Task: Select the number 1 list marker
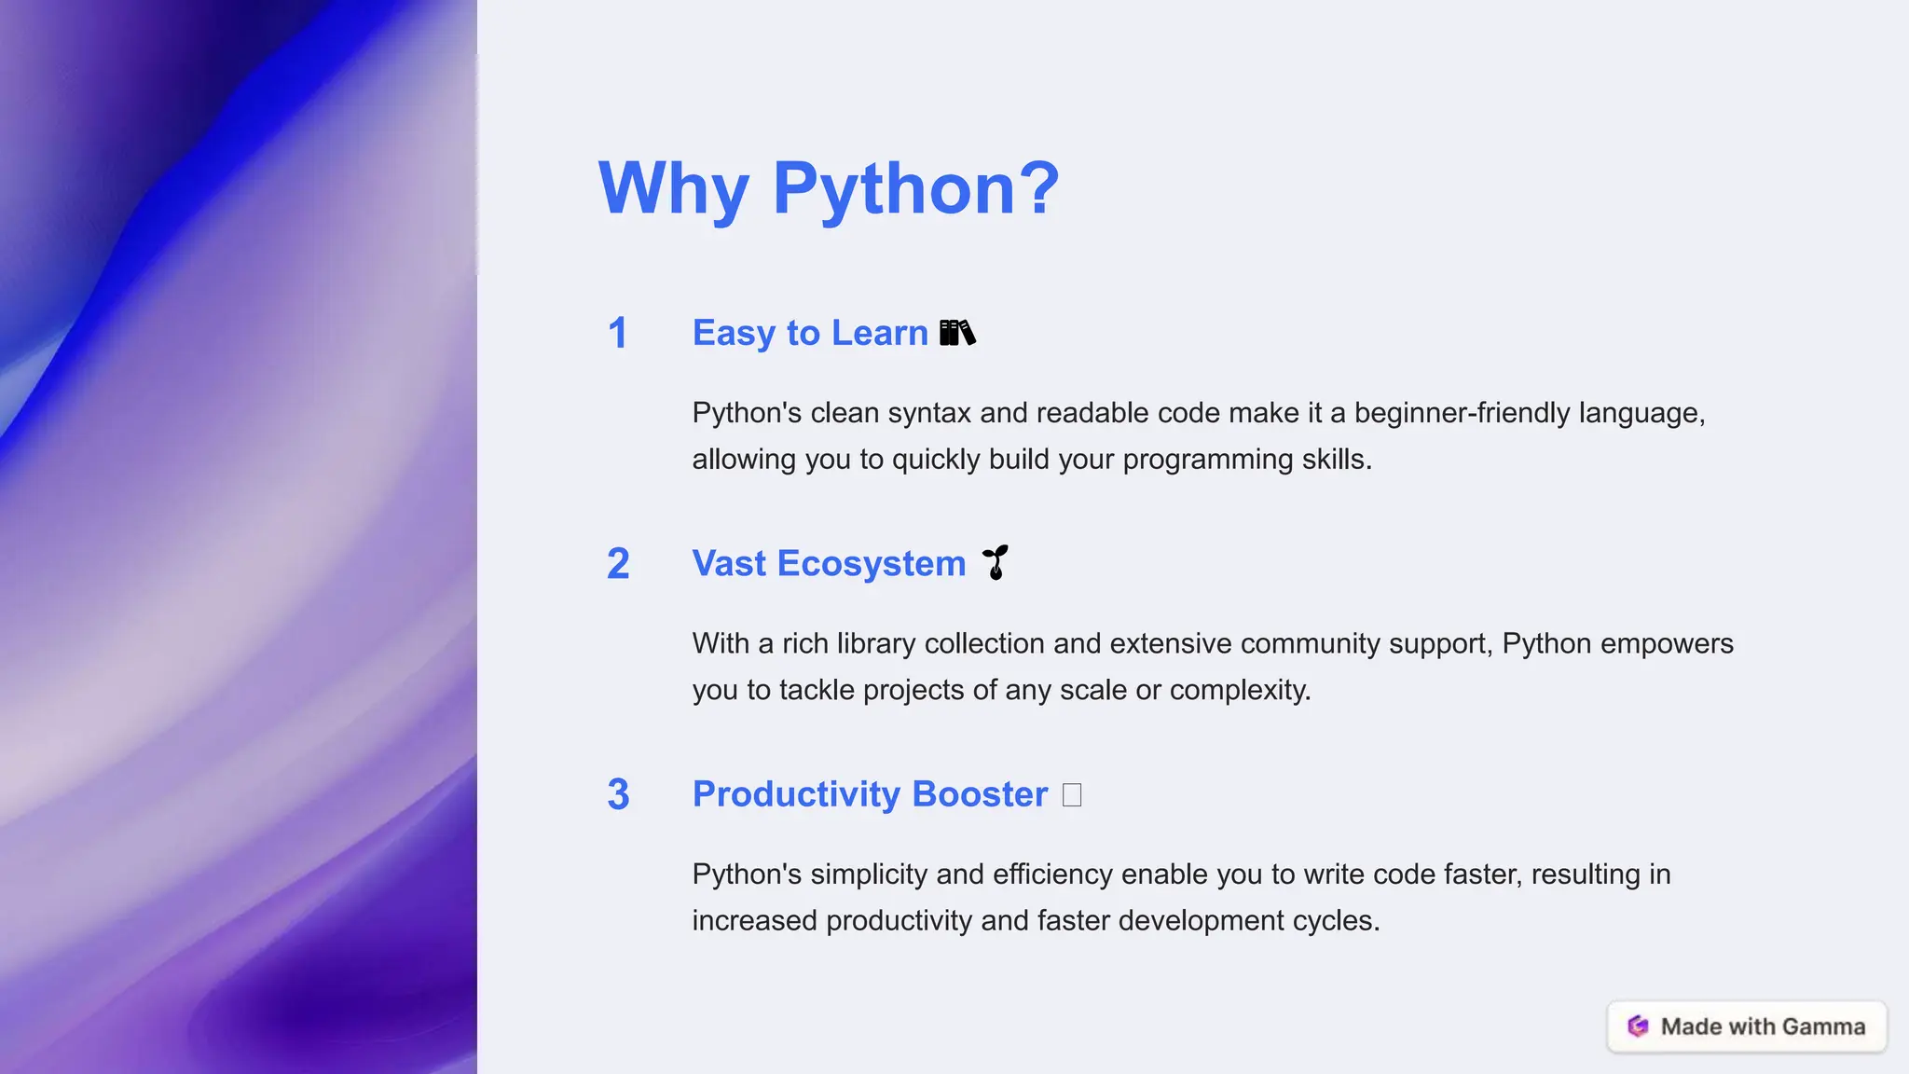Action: pos(617,334)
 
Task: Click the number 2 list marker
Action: pos(618,564)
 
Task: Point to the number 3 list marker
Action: pos(618,794)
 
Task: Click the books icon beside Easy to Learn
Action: pos(957,333)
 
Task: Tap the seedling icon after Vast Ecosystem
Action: pos(996,562)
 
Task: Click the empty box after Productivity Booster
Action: pos(1072,795)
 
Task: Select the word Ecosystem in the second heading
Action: pos(872,564)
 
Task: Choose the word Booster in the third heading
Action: pos(980,794)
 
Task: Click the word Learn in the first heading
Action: pos(880,333)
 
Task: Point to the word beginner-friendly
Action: pos(1462,413)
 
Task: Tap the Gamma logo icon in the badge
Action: pos(1638,1026)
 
